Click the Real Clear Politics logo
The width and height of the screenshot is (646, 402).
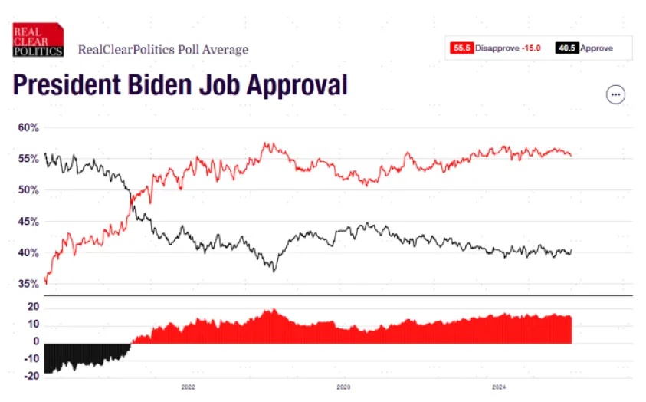pos(37,40)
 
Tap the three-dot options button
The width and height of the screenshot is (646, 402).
pos(615,94)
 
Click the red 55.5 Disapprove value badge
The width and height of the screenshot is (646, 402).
pos(461,48)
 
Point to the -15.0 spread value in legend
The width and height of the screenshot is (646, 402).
pos(530,48)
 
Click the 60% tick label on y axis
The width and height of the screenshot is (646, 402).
pos(28,127)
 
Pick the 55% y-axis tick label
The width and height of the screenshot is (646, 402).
pos(28,159)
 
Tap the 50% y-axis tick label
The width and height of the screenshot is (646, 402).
pos(28,190)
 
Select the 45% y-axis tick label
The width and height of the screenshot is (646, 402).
pos(28,222)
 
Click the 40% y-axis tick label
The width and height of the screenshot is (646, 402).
pos(28,253)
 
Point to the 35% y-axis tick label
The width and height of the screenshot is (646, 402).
pos(28,284)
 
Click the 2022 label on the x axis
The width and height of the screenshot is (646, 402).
pos(189,387)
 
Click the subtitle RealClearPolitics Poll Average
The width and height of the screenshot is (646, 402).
pos(163,50)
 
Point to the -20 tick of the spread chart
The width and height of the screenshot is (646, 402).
pos(31,376)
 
